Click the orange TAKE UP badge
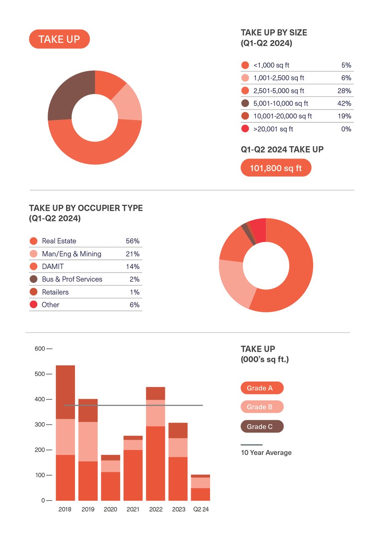tap(59, 39)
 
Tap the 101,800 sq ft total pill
tap(276, 168)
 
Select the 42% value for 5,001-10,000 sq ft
tap(346, 104)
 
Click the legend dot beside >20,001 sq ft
tap(245, 129)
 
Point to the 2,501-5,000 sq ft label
tap(278, 91)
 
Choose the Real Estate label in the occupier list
tap(59, 241)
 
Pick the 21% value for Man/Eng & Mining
tap(133, 254)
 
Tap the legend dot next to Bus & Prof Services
tap(33, 279)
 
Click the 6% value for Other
tap(135, 305)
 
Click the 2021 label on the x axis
tap(133, 509)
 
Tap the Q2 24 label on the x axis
tap(201, 509)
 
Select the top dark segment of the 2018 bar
tap(65, 392)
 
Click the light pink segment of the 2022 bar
tap(156, 413)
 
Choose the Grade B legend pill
tap(262, 407)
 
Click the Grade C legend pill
tap(262, 427)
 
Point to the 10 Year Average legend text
tap(266, 453)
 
